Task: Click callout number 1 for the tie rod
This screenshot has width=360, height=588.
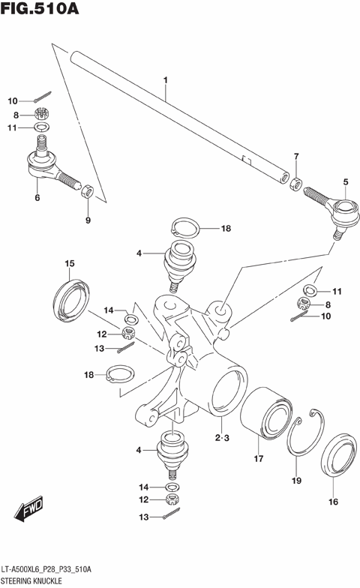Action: pyautogui.click(x=166, y=79)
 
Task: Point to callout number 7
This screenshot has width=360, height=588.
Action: pyautogui.click(x=296, y=157)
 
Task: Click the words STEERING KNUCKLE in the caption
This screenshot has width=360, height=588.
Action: pyautogui.click(x=30, y=580)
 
